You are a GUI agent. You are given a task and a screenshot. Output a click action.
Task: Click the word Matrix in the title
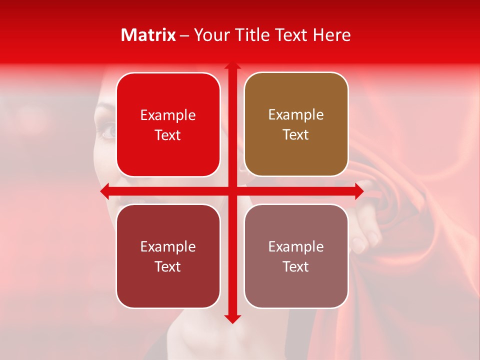pyautogui.click(x=148, y=35)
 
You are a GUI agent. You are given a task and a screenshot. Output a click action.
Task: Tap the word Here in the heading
pyautogui.click(x=331, y=35)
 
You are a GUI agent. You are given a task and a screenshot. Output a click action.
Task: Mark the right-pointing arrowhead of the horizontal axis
pyautogui.click(x=358, y=191)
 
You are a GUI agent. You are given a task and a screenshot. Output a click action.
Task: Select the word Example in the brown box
pyautogui.click(x=296, y=114)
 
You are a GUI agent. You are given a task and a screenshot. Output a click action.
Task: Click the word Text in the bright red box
pyautogui.click(x=168, y=135)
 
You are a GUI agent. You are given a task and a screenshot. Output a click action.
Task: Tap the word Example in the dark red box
pyautogui.click(x=168, y=246)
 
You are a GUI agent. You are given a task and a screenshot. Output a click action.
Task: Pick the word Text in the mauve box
pyautogui.click(x=296, y=266)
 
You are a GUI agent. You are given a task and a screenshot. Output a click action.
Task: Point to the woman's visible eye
pyautogui.click(x=108, y=131)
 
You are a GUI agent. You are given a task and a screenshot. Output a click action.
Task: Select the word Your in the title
pyautogui.click(x=209, y=35)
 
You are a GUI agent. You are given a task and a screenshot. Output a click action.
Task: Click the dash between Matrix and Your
pyautogui.click(x=184, y=35)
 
